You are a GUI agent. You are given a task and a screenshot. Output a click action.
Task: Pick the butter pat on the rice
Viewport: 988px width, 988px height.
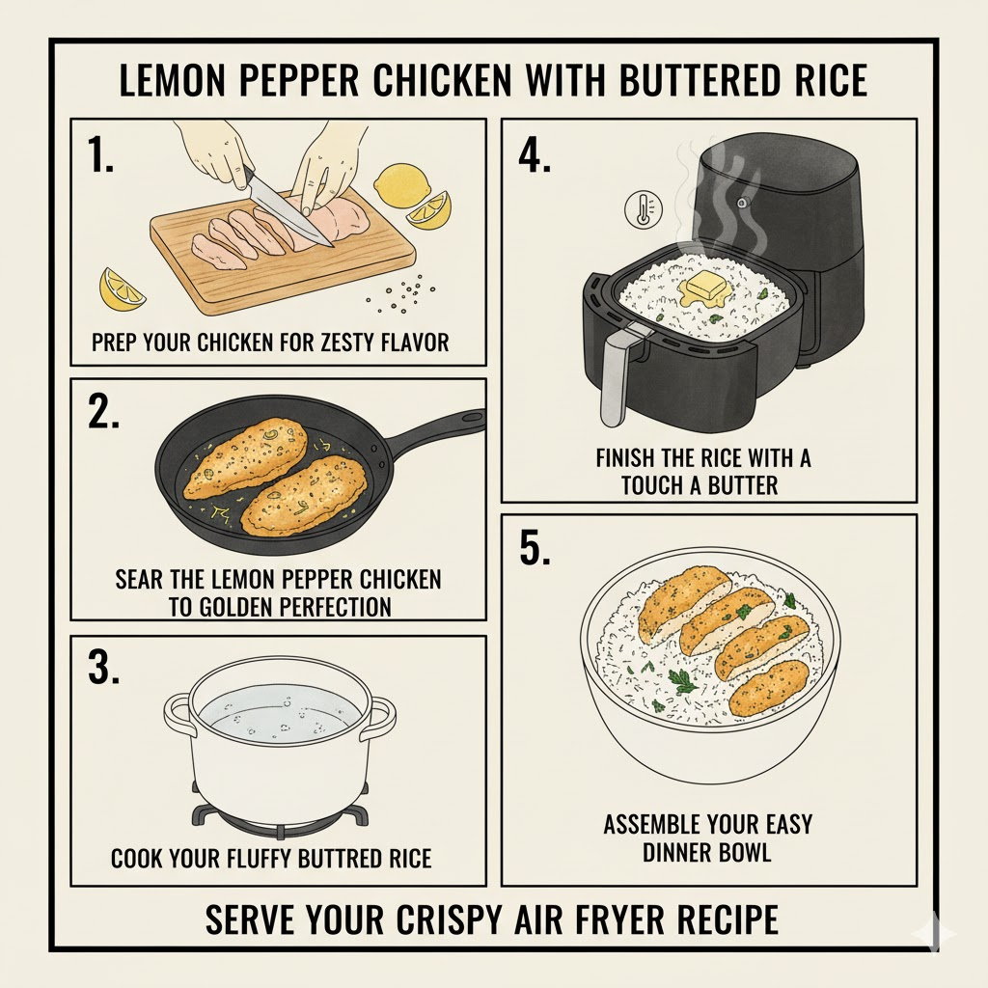pos(705,288)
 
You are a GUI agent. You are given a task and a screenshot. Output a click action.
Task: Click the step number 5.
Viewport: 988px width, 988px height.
pos(536,548)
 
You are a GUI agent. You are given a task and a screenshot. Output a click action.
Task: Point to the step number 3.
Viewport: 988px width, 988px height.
pos(104,668)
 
